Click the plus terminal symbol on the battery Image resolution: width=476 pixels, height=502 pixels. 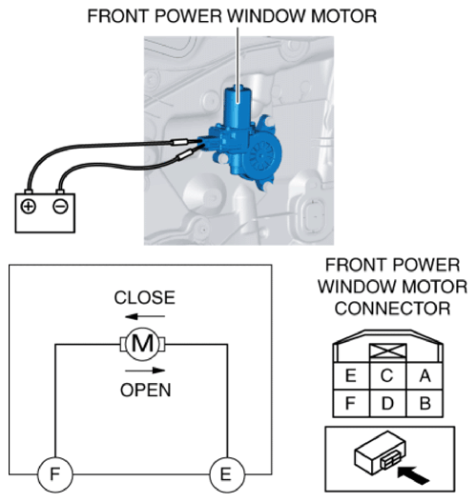[29, 207]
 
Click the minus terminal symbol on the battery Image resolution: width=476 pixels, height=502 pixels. [60, 207]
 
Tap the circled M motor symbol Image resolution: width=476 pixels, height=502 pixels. [143, 344]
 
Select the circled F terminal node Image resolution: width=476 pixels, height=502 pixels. [55, 474]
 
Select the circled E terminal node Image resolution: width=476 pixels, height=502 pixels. [226, 474]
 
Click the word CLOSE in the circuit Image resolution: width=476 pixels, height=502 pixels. [145, 298]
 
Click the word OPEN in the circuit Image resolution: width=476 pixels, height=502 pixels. [146, 390]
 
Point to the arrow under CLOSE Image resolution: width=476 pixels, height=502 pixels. [145, 316]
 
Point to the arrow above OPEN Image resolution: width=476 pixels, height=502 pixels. [145, 371]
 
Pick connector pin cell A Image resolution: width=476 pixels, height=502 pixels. [424, 376]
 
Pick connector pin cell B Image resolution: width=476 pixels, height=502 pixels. [424, 403]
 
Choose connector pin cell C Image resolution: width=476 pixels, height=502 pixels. [388, 376]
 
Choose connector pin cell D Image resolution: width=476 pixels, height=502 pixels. [388, 403]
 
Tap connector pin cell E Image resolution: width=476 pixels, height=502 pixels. [351, 376]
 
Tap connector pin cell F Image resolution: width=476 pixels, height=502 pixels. [351, 403]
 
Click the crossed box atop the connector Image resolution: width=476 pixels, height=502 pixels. [388, 351]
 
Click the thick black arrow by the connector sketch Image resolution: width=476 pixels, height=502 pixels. [413, 474]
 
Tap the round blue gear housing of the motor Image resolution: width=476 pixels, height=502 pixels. [262, 154]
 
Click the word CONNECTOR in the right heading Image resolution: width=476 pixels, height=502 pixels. [393, 309]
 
